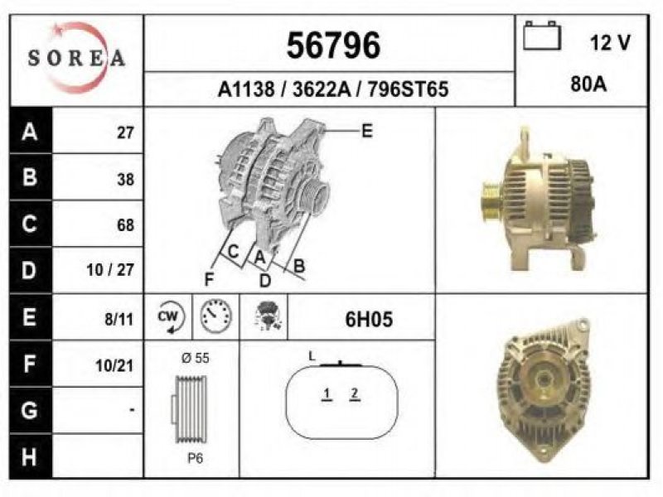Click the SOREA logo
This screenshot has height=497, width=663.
point(76,58)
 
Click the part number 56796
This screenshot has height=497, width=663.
point(333,46)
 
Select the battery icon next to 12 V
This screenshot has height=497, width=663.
point(542,36)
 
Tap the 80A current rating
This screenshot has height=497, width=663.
point(588,84)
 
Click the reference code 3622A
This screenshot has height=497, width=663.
point(322,89)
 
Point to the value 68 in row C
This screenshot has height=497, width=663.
point(126,224)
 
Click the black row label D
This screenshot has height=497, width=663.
point(30,270)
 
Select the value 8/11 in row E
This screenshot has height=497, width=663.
point(119,320)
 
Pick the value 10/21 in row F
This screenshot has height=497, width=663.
point(114,365)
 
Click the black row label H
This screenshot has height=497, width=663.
point(30,457)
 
